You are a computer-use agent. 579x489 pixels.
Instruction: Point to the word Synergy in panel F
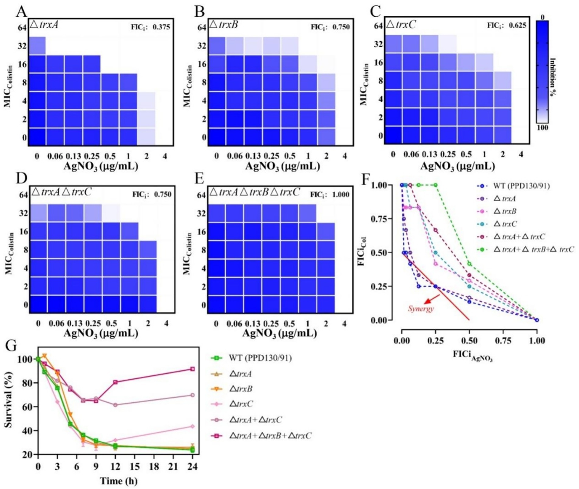[x=421, y=308]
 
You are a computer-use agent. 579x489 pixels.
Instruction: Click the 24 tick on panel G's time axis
[x=193, y=466]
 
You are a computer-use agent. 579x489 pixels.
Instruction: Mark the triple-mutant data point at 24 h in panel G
[x=192, y=369]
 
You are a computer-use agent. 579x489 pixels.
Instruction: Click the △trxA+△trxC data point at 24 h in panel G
[x=192, y=395]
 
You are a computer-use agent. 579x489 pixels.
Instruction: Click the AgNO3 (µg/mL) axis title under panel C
[x=457, y=166]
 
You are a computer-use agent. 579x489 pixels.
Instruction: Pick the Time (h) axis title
[x=119, y=481]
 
